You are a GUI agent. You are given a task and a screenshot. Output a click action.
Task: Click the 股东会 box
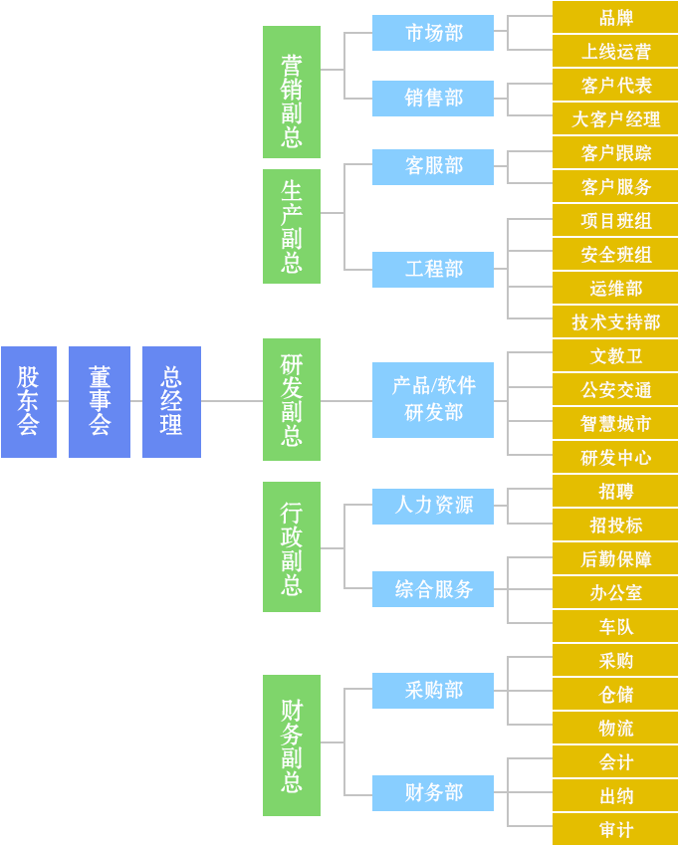(x=29, y=402)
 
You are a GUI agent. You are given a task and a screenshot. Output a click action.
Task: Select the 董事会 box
(x=100, y=402)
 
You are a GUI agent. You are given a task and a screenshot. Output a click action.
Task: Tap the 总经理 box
(x=171, y=402)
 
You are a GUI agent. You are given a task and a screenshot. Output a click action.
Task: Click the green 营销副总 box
(x=292, y=92)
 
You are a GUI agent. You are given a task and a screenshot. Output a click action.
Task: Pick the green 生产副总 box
(x=292, y=226)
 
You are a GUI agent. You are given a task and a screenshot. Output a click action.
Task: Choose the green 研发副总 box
(x=292, y=399)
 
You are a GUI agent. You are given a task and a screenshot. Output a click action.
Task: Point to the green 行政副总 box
(x=292, y=546)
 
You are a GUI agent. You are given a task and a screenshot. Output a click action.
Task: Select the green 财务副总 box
(x=292, y=744)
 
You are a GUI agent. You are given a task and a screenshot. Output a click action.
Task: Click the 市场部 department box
(x=433, y=33)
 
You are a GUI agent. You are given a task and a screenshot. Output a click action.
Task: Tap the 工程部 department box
(x=433, y=270)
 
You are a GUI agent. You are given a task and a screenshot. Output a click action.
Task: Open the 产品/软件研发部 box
(x=433, y=399)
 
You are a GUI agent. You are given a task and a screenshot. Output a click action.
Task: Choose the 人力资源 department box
(x=433, y=506)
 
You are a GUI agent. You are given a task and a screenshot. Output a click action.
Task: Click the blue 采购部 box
(x=433, y=691)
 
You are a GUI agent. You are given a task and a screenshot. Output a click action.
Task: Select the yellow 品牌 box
(x=615, y=17)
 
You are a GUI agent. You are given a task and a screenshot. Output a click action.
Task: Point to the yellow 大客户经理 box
(x=615, y=119)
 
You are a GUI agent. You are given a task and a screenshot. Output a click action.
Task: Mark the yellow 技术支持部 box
(x=615, y=321)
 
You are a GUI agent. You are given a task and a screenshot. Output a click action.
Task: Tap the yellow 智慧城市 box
(x=615, y=423)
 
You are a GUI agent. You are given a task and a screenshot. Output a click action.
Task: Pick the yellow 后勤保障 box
(x=615, y=558)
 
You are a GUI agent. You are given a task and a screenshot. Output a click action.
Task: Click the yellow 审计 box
(x=615, y=829)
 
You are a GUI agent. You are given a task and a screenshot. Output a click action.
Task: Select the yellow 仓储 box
(x=615, y=694)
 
